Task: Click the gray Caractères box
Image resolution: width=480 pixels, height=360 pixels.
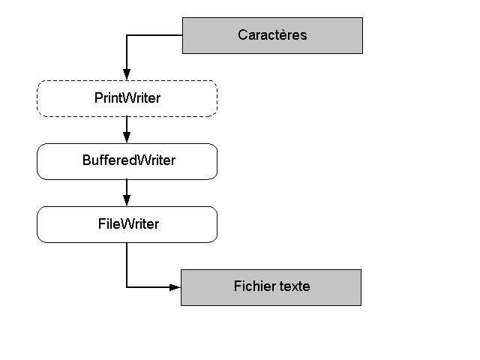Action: (272, 35)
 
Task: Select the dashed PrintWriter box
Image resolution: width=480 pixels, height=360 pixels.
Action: (127, 98)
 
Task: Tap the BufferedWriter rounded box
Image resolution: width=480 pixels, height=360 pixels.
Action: (127, 161)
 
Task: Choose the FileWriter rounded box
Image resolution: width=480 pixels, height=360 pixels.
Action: (127, 224)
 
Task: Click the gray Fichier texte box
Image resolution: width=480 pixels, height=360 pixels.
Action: (271, 287)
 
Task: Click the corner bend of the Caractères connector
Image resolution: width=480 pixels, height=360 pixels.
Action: (127, 35)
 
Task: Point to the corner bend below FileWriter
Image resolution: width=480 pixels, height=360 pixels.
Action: (127, 287)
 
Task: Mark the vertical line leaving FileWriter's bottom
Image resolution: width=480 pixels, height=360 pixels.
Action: (127, 262)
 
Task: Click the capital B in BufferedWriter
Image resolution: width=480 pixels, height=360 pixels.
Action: (86, 161)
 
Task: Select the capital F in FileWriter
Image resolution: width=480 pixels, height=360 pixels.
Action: (101, 224)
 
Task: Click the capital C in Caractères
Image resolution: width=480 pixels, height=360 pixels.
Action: (242, 35)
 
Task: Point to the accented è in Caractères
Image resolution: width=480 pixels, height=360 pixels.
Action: (286, 35)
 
